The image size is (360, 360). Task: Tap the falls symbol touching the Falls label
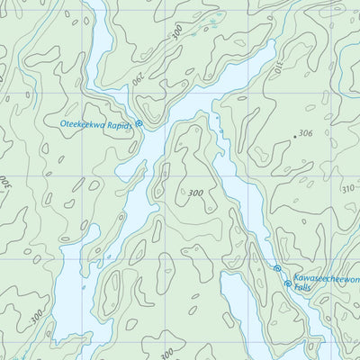[288, 283]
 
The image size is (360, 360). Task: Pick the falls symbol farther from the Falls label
[277, 269]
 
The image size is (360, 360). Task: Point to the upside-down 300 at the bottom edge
[169, 352]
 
